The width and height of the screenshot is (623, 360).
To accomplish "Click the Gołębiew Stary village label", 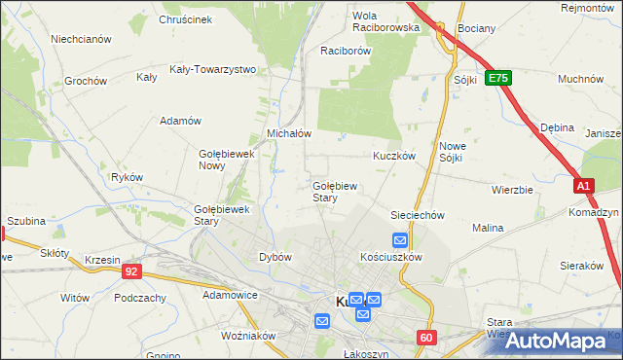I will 338,191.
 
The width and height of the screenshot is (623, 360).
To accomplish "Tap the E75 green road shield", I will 498,77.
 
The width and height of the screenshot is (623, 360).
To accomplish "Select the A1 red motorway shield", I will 583,185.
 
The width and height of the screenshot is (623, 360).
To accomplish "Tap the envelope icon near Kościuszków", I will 400,240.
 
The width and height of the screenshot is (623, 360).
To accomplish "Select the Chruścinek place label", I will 185,18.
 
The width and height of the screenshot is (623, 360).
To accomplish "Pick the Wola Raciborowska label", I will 385,21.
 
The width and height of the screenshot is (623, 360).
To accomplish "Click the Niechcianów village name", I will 82,40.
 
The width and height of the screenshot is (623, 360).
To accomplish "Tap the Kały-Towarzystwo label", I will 212,69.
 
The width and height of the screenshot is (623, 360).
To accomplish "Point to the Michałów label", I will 288,133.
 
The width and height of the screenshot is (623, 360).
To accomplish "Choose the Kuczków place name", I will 394,155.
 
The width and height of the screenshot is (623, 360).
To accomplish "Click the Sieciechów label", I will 418,215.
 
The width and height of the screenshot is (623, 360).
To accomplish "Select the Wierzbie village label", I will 512,190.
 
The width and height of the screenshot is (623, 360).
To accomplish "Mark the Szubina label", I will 26,221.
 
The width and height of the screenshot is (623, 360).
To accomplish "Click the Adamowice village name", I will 230,294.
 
